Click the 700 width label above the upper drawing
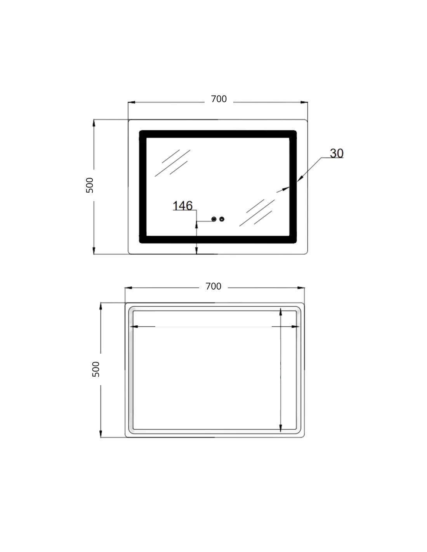[x=219, y=99]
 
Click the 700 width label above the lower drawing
[x=213, y=286]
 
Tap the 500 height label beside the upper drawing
[x=90, y=185]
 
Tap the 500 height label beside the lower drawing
[x=96, y=369]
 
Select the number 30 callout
[x=337, y=153]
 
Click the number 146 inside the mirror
[x=182, y=205]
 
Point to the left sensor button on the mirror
[x=214, y=219]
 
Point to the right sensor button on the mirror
[x=222, y=219]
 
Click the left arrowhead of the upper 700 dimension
[x=131, y=102]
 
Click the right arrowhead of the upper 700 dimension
[x=304, y=102]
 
